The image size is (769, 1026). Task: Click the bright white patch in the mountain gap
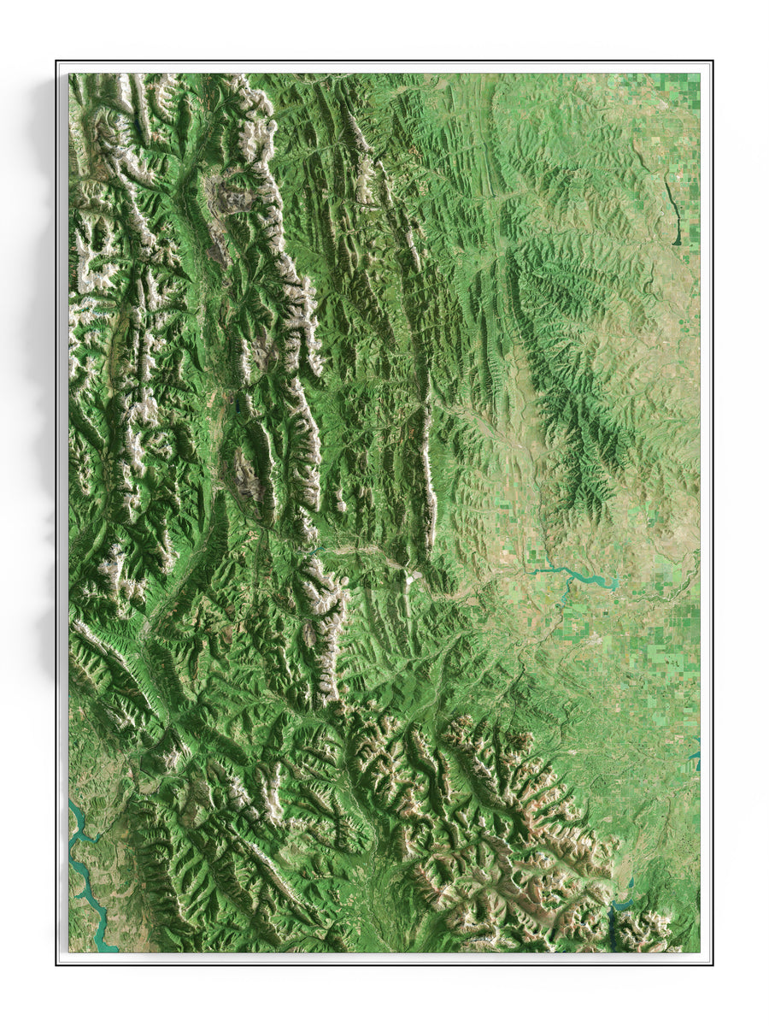(x=414, y=579)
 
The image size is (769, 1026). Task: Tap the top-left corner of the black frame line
(x=57, y=62)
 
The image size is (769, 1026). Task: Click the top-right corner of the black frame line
(x=712, y=62)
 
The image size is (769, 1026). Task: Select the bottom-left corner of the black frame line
(x=57, y=964)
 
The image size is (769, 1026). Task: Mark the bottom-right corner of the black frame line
(x=712, y=964)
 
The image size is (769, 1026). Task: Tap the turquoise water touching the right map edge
(x=696, y=757)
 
